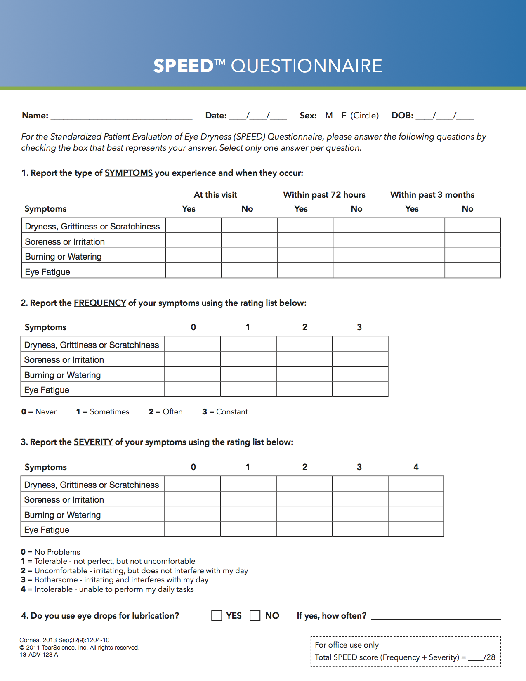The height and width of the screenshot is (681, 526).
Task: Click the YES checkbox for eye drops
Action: click(x=217, y=615)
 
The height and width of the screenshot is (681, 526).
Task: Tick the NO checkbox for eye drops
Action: click(x=255, y=615)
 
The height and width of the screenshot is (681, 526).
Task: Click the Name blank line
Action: click(x=121, y=116)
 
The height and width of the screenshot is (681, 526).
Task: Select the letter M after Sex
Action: click(x=329, y=116)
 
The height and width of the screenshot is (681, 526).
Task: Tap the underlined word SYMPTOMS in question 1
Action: click(x=129, y=173)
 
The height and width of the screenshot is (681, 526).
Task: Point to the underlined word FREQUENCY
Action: click(x=100, y=303)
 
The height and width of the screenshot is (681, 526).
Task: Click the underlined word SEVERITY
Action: click(x=93, y=442)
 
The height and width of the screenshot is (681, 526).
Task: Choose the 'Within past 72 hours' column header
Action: click(x=324, y=195)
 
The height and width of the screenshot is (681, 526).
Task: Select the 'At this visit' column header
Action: click(x=215, y=195)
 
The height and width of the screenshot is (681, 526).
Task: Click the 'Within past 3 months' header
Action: click(x=432, y=195)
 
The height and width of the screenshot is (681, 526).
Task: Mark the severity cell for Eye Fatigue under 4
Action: click(x=416, y=529)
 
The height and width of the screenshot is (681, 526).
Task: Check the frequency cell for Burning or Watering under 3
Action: click(x=360, y=374)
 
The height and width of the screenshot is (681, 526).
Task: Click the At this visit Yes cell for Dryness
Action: click(x=193, y=225)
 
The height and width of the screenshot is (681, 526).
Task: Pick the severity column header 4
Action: click(x=416, y=467)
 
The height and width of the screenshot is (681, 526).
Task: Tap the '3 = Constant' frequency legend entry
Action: click(x=225, y=412)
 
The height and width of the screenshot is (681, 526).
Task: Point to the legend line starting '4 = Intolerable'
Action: click(x=107, y=589)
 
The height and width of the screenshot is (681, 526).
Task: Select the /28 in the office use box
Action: click(x=490, y=657)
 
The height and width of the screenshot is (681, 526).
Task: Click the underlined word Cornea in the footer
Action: click(x=29, y=640)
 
